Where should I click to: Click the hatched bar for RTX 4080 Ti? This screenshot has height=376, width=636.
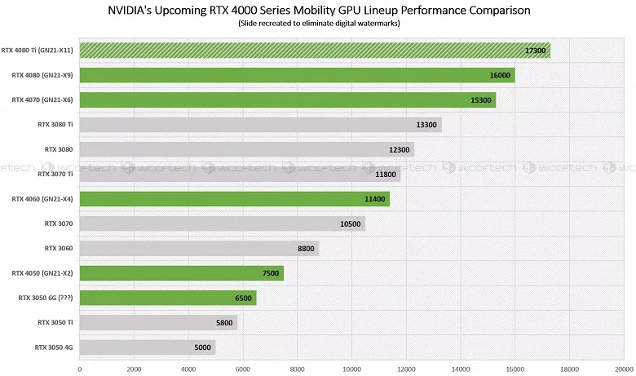click(x=314, y=51)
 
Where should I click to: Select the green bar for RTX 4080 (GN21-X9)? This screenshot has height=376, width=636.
click(x=297, y=75)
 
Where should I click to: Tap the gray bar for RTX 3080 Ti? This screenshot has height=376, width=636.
click(x=260, y=125)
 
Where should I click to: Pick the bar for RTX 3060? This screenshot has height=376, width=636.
click(x=199, y=248)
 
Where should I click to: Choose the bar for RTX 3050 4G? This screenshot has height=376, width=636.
click(x=147, y=347)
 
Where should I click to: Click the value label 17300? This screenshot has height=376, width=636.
click(x=535, y=51)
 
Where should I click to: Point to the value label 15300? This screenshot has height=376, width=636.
click(x=479, y=100)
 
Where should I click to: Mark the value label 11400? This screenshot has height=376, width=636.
click(x=376, y=199)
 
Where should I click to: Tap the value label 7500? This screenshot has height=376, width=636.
click(x=270, y=273)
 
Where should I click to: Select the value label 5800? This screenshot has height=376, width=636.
click(x=223, y=323)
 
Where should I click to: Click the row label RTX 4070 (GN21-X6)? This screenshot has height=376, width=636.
click(x=42, y=100)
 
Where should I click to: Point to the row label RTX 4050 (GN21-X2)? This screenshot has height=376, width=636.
click(x=42, y=273)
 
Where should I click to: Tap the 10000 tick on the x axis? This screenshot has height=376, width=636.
click(x=351, y=369)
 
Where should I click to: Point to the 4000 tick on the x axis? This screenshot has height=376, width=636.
click(x=188, y=369)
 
